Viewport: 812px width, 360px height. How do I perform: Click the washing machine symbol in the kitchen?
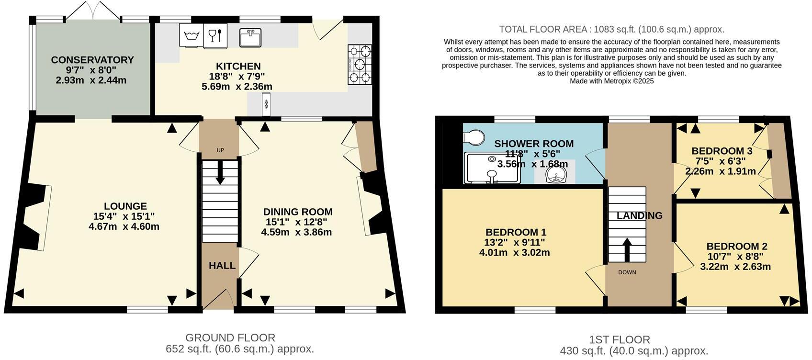point(192,35)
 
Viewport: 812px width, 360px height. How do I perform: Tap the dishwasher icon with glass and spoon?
point(215,36)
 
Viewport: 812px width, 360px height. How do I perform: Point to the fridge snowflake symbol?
point(266,104)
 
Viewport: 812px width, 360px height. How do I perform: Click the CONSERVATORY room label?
point(92,60)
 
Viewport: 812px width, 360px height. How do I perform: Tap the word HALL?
point(222,265)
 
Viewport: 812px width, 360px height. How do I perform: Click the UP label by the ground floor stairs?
point(220,150)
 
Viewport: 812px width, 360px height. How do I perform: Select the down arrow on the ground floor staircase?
point(220,173)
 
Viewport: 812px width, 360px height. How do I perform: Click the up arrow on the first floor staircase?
point(627,247)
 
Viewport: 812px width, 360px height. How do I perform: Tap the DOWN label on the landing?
point(627,272)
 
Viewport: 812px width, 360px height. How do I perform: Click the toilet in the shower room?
point(474,138)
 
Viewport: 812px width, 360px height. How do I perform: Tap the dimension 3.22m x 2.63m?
point(735,267)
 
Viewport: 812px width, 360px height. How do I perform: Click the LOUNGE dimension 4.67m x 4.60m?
point(124,226)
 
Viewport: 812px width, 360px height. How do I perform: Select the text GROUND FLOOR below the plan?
point(230,337)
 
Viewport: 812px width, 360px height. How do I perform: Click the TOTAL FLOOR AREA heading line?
point(611,29)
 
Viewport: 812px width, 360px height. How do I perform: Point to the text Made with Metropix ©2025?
point(611,81)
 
